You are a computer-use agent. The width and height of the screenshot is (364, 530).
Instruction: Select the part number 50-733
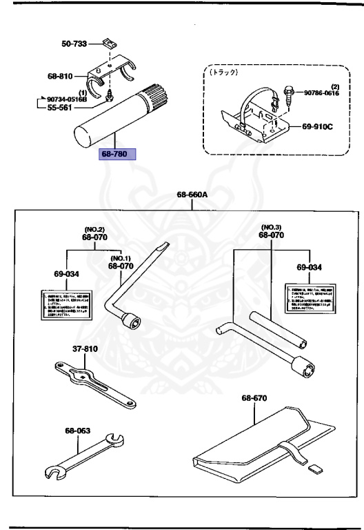coord(74,43)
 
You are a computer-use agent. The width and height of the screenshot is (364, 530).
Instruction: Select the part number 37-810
coord(87,349)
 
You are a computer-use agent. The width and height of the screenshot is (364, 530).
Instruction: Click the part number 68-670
coord(255,398)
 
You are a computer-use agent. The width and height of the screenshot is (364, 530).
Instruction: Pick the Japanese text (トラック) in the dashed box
coord(225,72)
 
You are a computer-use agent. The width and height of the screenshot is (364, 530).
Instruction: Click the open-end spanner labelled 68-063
coord(81,456)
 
